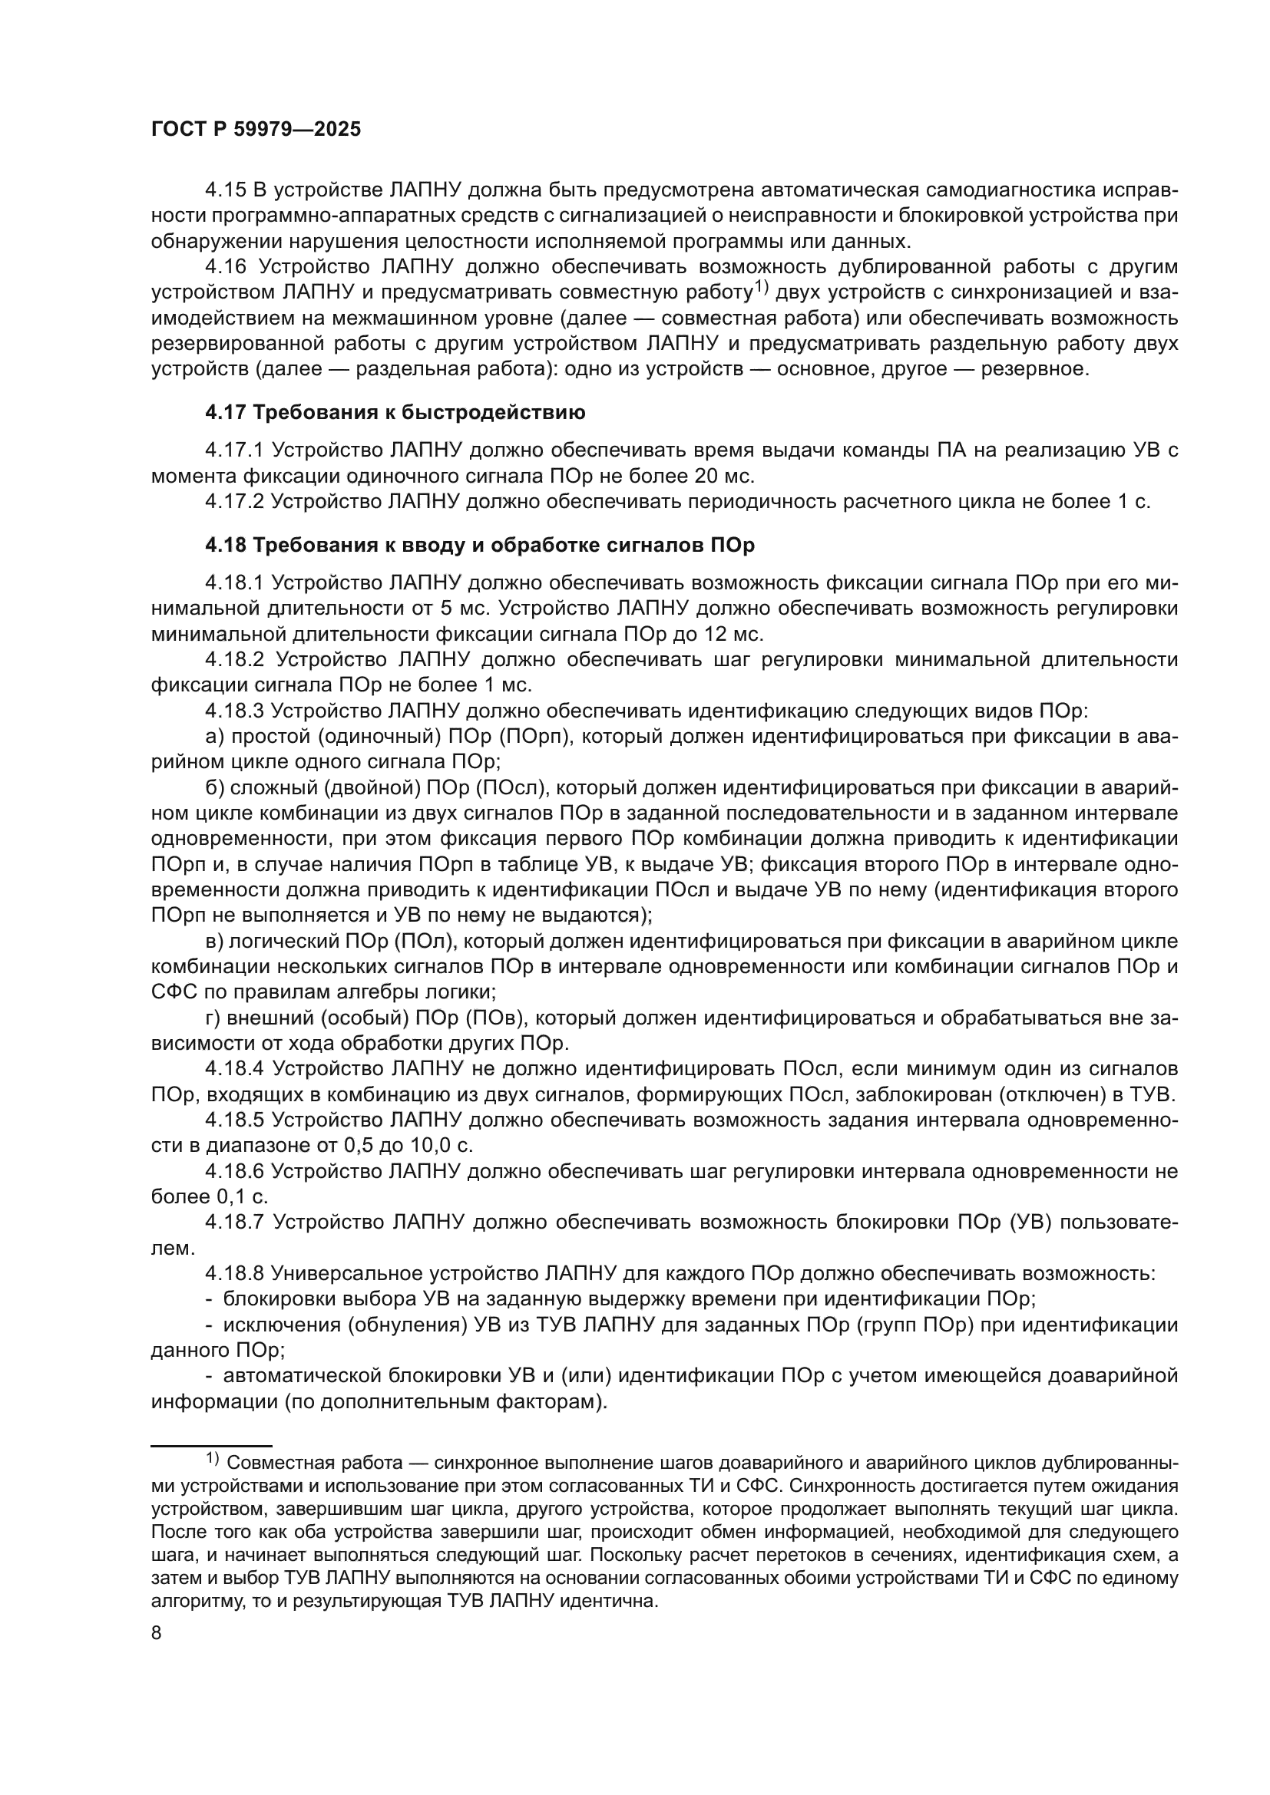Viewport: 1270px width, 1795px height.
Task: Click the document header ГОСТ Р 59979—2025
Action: click(x=256, y=130)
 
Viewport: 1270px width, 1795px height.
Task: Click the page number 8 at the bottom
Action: click(x=157, y=1633)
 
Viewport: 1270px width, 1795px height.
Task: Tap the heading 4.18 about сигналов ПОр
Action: click(x=479, y=545)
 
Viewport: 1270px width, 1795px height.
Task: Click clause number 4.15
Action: click(x=225, y=190)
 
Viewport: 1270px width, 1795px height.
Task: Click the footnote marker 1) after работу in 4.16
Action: click(x=762, y=289)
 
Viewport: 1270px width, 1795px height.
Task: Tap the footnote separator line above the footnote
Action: click(x=211, y=1447)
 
